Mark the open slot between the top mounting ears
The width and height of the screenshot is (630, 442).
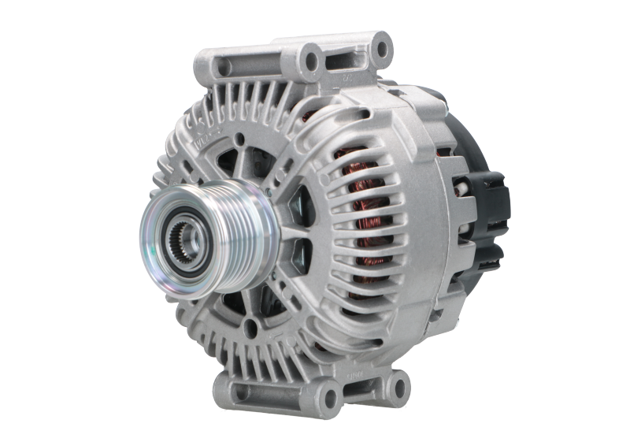point(347,58)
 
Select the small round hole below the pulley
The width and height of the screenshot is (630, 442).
point(251,324)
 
